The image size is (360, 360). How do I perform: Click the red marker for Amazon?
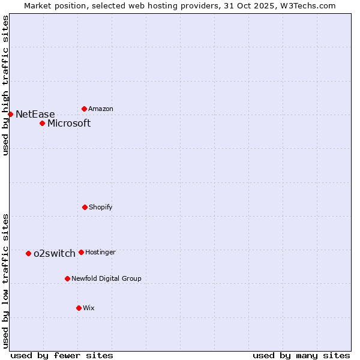tap(84, 109)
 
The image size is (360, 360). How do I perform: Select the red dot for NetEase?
tap(10, 114)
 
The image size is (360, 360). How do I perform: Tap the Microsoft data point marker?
tap(42, 123)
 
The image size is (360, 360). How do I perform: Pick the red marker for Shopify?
tap(85, 207)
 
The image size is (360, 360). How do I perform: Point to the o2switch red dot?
tap(28, 253)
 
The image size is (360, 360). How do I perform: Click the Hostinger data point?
tap(81, 252)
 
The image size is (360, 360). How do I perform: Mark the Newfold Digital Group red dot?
tap(67, 278)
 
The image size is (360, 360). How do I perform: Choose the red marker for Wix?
tap(79, 308)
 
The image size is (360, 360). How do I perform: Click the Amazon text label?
tap(101, 109)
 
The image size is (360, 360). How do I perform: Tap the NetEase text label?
tap(35, 114)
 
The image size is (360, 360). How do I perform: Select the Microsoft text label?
tap(69, 123)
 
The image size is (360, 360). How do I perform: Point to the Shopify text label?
tap(101, 207)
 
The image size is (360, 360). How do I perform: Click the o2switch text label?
tap(55, 253)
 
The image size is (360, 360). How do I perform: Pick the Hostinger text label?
tap(100, 252)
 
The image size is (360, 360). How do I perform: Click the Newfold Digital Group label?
tap(107, 278)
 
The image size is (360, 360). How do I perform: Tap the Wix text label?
tap(89, 308)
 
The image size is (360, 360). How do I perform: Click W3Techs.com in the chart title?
tap(310, 5)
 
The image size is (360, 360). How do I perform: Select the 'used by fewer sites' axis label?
tap(62, 355)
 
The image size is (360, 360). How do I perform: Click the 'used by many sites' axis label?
tap(301, 355)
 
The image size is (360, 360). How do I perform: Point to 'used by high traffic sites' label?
tap(5, 85)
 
